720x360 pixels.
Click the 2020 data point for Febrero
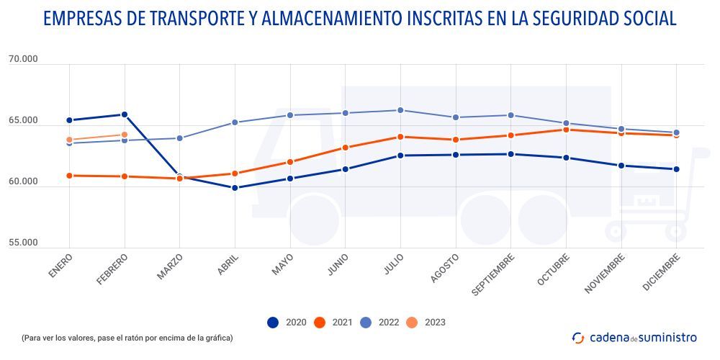click(125, 114)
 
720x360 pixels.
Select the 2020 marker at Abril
click(235, 188)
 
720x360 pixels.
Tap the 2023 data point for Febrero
click(125, 135)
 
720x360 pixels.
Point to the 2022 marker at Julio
click(400, 110)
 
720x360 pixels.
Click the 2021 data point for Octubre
click(566, 130)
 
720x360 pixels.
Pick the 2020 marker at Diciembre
click(676, 169)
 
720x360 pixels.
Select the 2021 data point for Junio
click(345, 148)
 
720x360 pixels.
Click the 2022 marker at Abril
click(235, 122)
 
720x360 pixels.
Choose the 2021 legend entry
click(332, 323)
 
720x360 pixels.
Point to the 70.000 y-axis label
click(23, 60)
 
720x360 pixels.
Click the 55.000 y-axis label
click(23, 243)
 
